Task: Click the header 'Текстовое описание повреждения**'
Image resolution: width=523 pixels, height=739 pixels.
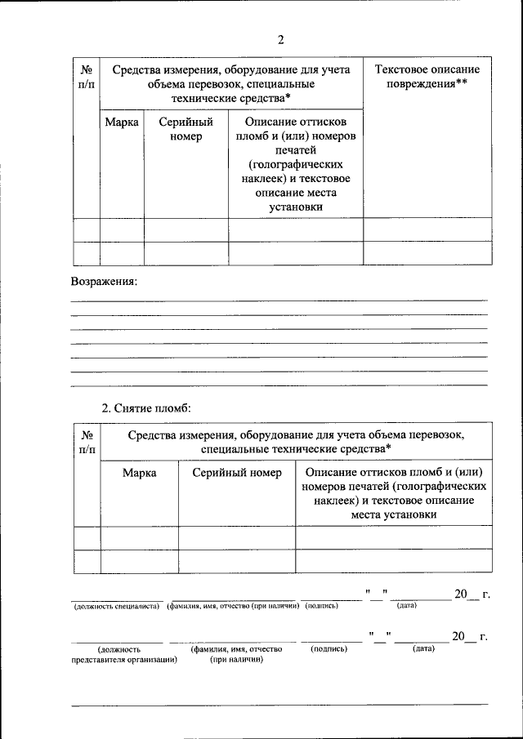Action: (x=427, y=77)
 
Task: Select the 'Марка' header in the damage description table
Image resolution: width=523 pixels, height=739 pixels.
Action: (x=121, y=122)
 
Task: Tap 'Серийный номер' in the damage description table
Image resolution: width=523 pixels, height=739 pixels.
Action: (x=186, y=130)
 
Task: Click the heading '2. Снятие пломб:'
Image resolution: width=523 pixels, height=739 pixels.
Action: (x=145, y=407)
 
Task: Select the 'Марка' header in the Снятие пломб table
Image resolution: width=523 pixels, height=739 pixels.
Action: (x=139, y=473)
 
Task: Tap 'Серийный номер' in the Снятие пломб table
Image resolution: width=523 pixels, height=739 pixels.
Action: (x=237, y=473)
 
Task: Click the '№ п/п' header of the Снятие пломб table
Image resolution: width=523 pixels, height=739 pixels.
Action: (x=87, y=442)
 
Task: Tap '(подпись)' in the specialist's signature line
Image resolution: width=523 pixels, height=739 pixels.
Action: (x=321, y=607)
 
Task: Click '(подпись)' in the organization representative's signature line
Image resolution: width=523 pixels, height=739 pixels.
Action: (x=329, y=649)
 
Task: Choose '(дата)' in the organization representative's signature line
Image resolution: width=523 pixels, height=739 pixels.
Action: (x=423, y=649)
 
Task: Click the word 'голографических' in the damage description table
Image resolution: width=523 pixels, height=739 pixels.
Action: (x=295, y=165)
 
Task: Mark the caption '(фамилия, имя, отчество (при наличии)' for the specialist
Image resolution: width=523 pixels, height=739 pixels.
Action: (x=231, y=607)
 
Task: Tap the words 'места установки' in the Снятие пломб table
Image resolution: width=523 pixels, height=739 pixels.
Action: (x=393, y=514)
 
